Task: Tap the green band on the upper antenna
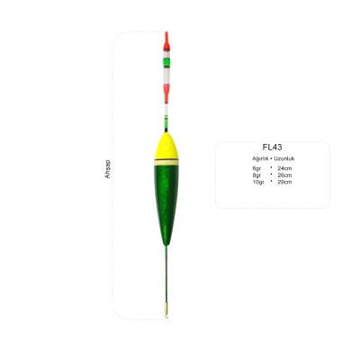point(166,63)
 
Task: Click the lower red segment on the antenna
point(166,89)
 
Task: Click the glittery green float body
point(166,198)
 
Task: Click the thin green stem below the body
point(166,279)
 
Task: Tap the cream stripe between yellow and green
point(166,160)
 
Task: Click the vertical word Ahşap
point(107,170)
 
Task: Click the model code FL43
point(271,147)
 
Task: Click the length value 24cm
point(284,168)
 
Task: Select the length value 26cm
point(284,175)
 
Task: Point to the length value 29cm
point(284,181)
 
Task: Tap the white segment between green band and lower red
point(166,76)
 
